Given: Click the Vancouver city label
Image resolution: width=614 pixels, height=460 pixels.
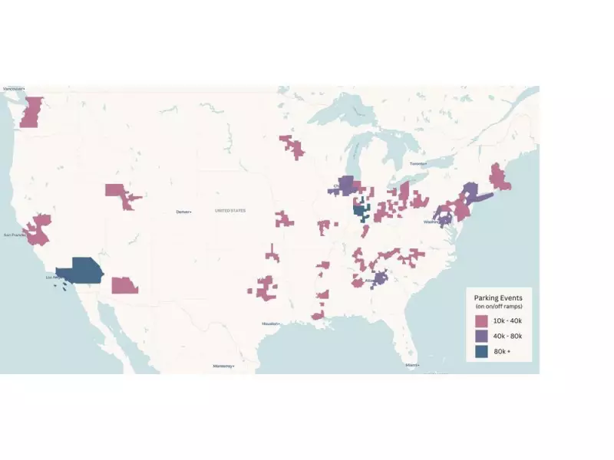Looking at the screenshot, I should point(14,89).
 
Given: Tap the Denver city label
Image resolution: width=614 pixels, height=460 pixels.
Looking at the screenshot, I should point(183,212).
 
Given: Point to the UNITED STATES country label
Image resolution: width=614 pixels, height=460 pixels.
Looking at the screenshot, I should point(230,210).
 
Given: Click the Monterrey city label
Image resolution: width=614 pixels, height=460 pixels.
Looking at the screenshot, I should point(223,366).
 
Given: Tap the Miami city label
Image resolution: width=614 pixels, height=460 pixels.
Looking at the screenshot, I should point(413,365).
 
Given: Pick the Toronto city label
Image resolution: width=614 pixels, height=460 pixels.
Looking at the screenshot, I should point(418,164).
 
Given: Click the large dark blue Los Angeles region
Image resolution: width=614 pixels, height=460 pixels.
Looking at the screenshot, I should point(81,271).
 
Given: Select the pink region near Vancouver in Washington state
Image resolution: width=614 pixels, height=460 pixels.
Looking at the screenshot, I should point(30,113).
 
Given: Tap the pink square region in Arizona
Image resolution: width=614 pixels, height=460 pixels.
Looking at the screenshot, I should point(124,285).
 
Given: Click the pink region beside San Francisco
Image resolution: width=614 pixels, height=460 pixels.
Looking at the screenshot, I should point(38,229).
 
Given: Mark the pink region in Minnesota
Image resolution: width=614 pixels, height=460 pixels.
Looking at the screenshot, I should point(292,145).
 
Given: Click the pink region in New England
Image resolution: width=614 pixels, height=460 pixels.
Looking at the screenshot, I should point(500,178).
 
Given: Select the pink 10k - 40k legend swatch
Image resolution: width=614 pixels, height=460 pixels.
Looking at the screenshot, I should point(482,320).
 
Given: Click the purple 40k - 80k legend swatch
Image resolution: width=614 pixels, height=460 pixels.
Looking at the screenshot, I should point(482,336).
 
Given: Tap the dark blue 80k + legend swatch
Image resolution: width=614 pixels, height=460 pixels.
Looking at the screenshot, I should point(482,351).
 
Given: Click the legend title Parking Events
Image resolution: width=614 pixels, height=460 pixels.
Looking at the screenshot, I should point(499,297).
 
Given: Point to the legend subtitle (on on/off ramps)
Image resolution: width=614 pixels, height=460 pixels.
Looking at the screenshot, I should point(499,307).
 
